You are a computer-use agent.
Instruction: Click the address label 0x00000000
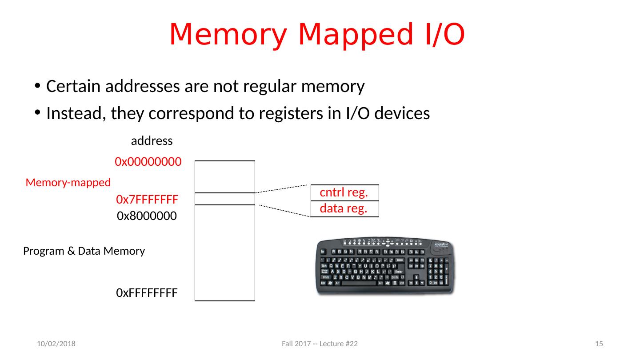(148, 162)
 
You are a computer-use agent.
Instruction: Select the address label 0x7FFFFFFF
(147, 200)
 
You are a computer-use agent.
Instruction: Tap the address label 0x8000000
(147, 216)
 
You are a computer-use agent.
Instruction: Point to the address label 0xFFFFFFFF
(147, 293)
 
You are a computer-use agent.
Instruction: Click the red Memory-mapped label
(68, 182)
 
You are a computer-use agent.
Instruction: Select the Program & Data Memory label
(84, 252)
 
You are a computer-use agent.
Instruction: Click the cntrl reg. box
(344, 193)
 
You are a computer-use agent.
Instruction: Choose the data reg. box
(344, 209)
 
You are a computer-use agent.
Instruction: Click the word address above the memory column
(152, 141)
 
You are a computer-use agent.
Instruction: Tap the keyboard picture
(385, 266)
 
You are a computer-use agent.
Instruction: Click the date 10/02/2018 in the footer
(56, 344)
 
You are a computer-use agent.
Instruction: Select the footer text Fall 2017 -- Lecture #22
(320, 344)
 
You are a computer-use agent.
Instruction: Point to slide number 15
(599, 344)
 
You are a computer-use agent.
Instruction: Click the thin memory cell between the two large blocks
(225, 199)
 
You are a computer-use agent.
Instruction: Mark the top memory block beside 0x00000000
(225, 176)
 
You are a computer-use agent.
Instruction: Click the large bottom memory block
(225, 252)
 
